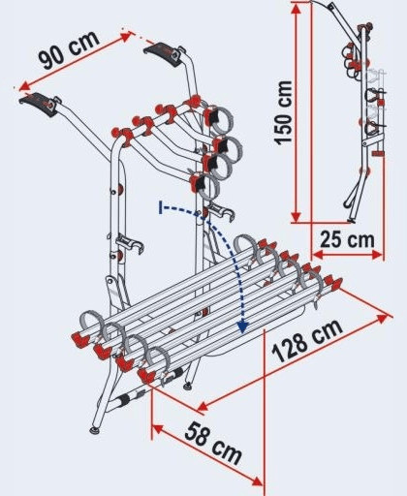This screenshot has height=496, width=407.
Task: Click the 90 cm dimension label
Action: pyautogui.click(x=69, y=49)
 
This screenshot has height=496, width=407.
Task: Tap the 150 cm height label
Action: pyautogui.click(x=283, y=112)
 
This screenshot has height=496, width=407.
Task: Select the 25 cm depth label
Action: pyautogui.click(x=347, y=240)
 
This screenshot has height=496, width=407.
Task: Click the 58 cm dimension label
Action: pyautogui.click(x=213, y=444)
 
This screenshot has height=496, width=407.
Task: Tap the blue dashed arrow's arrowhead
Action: pyautogui.click(x=242, y=326)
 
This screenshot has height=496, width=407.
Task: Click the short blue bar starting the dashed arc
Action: pyautogui.click(x=161, y=207)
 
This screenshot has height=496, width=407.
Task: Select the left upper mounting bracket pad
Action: pyautogui.click(x=39, y=104)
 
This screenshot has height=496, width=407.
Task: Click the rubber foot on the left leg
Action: pyautogui.click(x=95, y=430)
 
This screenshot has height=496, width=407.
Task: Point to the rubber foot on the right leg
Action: pyautogui.click(x=187, y=385)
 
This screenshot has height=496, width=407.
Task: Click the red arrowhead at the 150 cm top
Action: pyautogui.click(x=297, y=9)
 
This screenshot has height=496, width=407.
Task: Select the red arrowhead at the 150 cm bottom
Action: pyautogui.click(x=296, y=217)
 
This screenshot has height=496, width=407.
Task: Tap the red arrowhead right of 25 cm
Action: pyautogui.click(x=377, y=255)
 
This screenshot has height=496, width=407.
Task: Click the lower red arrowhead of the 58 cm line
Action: pyautogui.click(x=257, y=480)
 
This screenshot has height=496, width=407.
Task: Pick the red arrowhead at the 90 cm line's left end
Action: pyautogui.click(x=25, y=85)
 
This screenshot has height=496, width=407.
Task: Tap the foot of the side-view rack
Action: pyautogui.click(x=351, y=221)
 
